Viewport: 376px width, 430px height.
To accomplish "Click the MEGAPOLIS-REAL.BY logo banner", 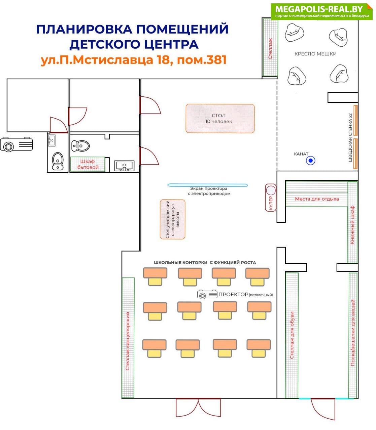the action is pos(321,12).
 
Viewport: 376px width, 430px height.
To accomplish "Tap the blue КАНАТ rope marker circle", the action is pos(310,161).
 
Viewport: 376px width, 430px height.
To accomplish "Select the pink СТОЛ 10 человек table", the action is pos(220,119).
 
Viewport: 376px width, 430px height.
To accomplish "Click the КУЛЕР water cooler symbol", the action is pos(271,198).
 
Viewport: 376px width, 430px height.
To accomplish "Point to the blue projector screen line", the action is pos(208,185).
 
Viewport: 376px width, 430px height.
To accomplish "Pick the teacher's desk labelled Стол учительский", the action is pos(172,219).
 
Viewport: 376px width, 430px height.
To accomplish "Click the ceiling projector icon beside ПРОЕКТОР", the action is pos(207,294).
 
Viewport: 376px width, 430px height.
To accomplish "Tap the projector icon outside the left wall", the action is pos(16,144).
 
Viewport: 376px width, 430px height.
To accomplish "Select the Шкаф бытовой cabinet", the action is pos(88,164).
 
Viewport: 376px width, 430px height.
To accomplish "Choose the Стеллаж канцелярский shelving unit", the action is pos(128,338).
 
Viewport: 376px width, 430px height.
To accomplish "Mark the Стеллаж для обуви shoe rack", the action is pos(292,335).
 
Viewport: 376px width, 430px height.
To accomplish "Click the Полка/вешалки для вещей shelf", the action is pos(353,335).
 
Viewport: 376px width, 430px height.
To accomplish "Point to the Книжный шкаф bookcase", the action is pos(352,222).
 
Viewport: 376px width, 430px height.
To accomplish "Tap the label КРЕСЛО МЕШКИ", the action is pos(315,54).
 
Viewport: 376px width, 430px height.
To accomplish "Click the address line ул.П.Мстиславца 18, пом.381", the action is pos(134,60).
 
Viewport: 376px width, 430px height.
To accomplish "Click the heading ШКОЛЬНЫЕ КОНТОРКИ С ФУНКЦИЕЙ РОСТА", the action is pos(205,262).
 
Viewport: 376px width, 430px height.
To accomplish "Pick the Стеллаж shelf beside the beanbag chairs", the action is pos(270,47).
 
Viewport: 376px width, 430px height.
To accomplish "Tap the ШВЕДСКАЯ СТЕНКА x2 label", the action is pos(350,137).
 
